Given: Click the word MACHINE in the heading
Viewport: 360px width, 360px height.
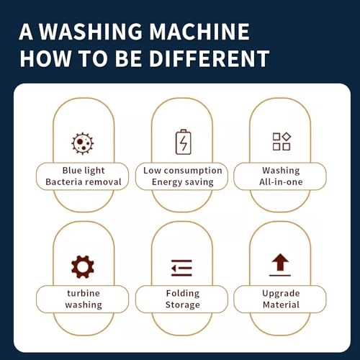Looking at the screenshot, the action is tap(199, 32).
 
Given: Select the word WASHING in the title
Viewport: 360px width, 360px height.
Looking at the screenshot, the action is tap(91, 32).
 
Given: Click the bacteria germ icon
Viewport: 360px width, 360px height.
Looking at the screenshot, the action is tap(83, 143).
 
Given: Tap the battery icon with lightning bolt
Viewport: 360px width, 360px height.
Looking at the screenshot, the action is tap(184, 142).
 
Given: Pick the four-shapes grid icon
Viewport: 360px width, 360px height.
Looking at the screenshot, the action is tap(282, 141).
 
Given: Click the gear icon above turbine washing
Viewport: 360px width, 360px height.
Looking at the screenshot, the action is tap(83, 267).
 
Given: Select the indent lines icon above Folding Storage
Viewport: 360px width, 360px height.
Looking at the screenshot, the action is tap(181, 268).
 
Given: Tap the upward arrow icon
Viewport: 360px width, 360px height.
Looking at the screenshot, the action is tap(280, 264).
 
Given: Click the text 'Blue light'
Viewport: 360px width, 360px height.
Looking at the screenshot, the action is tap(84, 171).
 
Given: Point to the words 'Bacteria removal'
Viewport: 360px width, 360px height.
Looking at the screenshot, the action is tap(84, 182).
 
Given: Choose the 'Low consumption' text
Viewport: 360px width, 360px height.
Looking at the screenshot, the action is tap(183, 171).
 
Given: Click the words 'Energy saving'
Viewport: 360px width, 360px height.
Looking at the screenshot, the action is tap(183, 182).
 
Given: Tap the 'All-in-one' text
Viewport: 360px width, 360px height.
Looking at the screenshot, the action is tap(281, 182).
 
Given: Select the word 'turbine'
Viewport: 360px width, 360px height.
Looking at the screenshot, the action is tap(84, 293).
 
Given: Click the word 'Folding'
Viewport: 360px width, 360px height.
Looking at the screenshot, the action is tap(183, 294).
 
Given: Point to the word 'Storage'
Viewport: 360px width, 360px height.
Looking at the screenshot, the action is tap(183, 305).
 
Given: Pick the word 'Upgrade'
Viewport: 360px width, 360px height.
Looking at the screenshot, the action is tap(281, 294).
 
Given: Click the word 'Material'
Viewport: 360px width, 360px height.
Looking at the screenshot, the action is tap(281, 305).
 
